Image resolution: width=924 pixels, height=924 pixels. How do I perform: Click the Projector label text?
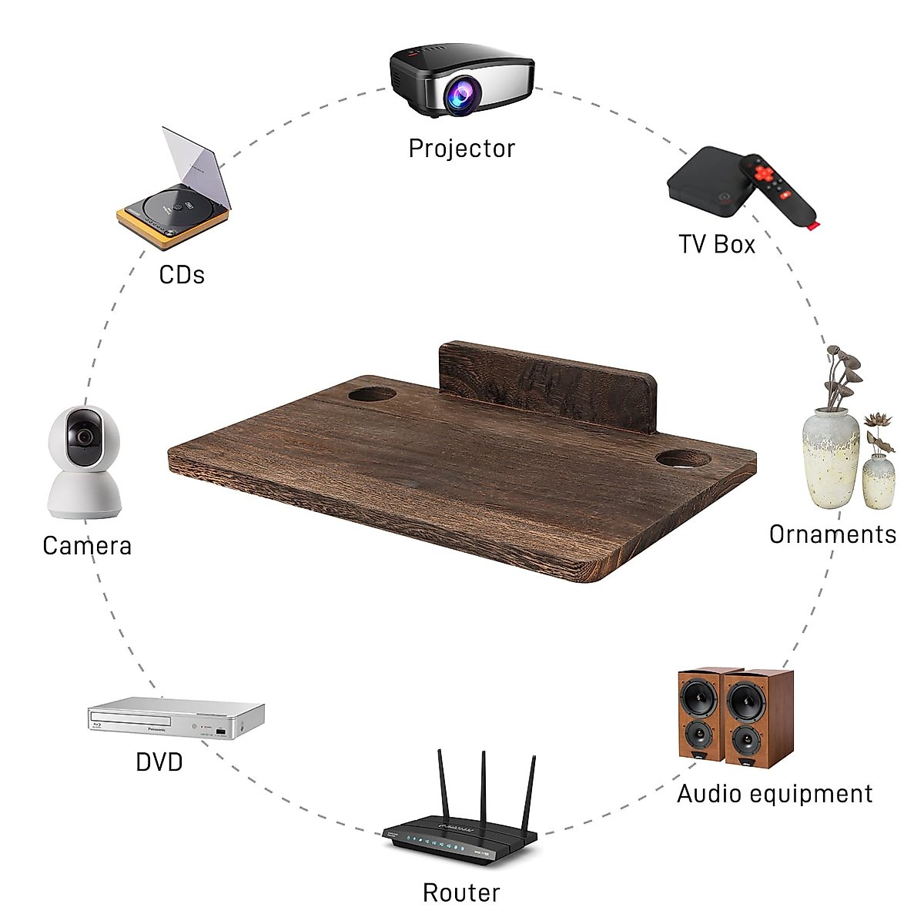[x=461, y=148]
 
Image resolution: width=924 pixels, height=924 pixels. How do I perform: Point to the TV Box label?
[x=717, y=244]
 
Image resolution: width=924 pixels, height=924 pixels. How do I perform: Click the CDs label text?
[x=182, y=274]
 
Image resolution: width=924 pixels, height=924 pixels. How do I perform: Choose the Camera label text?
[x=87, y=545]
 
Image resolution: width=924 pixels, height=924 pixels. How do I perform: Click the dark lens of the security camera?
[x=84, y=436]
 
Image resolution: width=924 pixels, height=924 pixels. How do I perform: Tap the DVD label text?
[x=159, y=762]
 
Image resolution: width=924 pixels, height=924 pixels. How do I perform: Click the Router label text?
[x=461, y=893]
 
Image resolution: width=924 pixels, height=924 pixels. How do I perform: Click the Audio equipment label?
[x=775, y=794]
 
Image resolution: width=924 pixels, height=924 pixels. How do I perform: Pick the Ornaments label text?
[x=832, y=534]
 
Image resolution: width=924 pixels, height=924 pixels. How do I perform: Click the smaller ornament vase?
[x=879, y=481]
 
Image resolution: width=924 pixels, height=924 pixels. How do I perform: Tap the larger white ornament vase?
[x=831, y=459]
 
